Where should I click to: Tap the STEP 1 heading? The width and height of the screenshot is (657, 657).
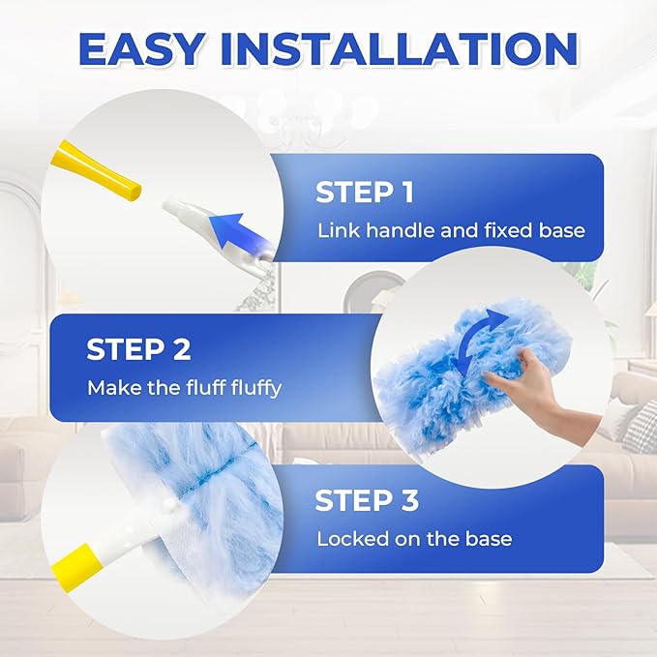[x=364, y=192]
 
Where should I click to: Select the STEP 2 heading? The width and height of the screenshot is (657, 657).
[x=138, y=348]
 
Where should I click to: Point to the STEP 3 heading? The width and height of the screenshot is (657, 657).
[x=367, y=500]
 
